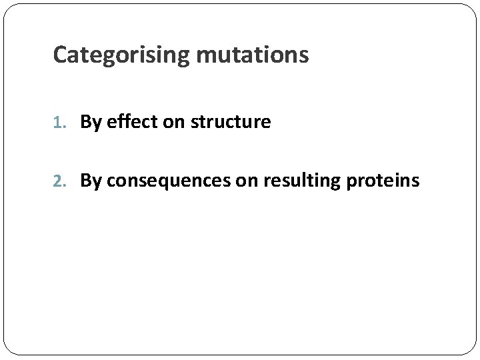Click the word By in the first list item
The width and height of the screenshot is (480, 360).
click(x=89, y=122)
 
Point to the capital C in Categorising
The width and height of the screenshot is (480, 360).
click(x=59, y=55)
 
